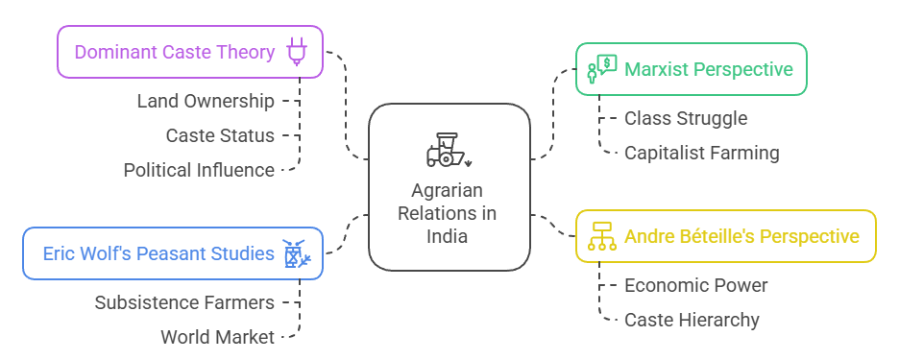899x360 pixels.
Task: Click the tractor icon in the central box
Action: click(x=449, y=151)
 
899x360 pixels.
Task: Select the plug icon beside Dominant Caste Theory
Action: click(x=297, y=52)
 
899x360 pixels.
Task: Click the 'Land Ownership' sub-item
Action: click(x=206, y=101)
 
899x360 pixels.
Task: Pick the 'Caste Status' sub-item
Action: click(x=220, y=135)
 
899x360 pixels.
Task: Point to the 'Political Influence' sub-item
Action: click(x=199, y=170)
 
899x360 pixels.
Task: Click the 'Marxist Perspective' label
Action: click(x=709, y=69)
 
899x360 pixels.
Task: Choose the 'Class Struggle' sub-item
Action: click(x=686, y=118)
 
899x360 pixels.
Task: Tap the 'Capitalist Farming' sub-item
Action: click(x=702, y=153)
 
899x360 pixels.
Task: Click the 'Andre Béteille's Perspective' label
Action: click(x=741, y=236)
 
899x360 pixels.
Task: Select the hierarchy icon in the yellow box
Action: click(x=601, y=236)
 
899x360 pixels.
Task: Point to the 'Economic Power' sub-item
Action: click(x=696, y=285)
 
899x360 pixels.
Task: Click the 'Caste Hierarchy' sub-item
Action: click(x=692, y=320)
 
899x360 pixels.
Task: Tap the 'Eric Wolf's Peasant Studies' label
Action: click(x=158, y=253)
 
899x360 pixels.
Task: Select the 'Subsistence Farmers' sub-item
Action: click(x=184, y=302)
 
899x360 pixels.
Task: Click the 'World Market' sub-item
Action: click(x=218, y=337)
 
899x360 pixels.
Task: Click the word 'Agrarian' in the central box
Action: click(x=449, y=190)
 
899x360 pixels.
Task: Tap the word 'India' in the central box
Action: click(x=449, y=236)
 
